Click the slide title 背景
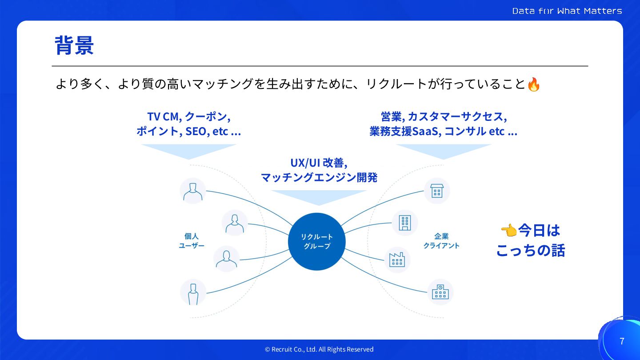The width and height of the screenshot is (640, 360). [x=74, y=45]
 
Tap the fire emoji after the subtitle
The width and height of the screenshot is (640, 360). [x=533, y=84]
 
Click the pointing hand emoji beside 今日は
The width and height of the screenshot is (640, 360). [x=509, y=230]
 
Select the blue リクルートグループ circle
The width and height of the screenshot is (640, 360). [x=317, y=241]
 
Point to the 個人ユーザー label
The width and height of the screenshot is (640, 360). [x=192, y=240]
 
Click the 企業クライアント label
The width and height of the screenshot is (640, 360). [x=441, y=240]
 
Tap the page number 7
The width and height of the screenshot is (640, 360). [x=622, y=341]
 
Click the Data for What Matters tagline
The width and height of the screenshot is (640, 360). [x=567, y=11]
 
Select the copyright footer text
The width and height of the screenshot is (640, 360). [x=319, y=349]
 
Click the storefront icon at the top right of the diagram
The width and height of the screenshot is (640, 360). [x=437, y=191]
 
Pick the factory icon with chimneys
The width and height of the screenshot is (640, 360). [x=397, y=259]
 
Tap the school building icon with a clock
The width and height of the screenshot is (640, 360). [x=440, y=292]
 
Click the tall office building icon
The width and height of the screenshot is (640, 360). [x=404, y=222]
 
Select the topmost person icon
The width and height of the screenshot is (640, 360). [x=193, y=191]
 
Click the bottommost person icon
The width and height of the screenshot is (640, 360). [x=193, y=292]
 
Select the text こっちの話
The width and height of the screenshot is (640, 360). [x=530, y=251]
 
